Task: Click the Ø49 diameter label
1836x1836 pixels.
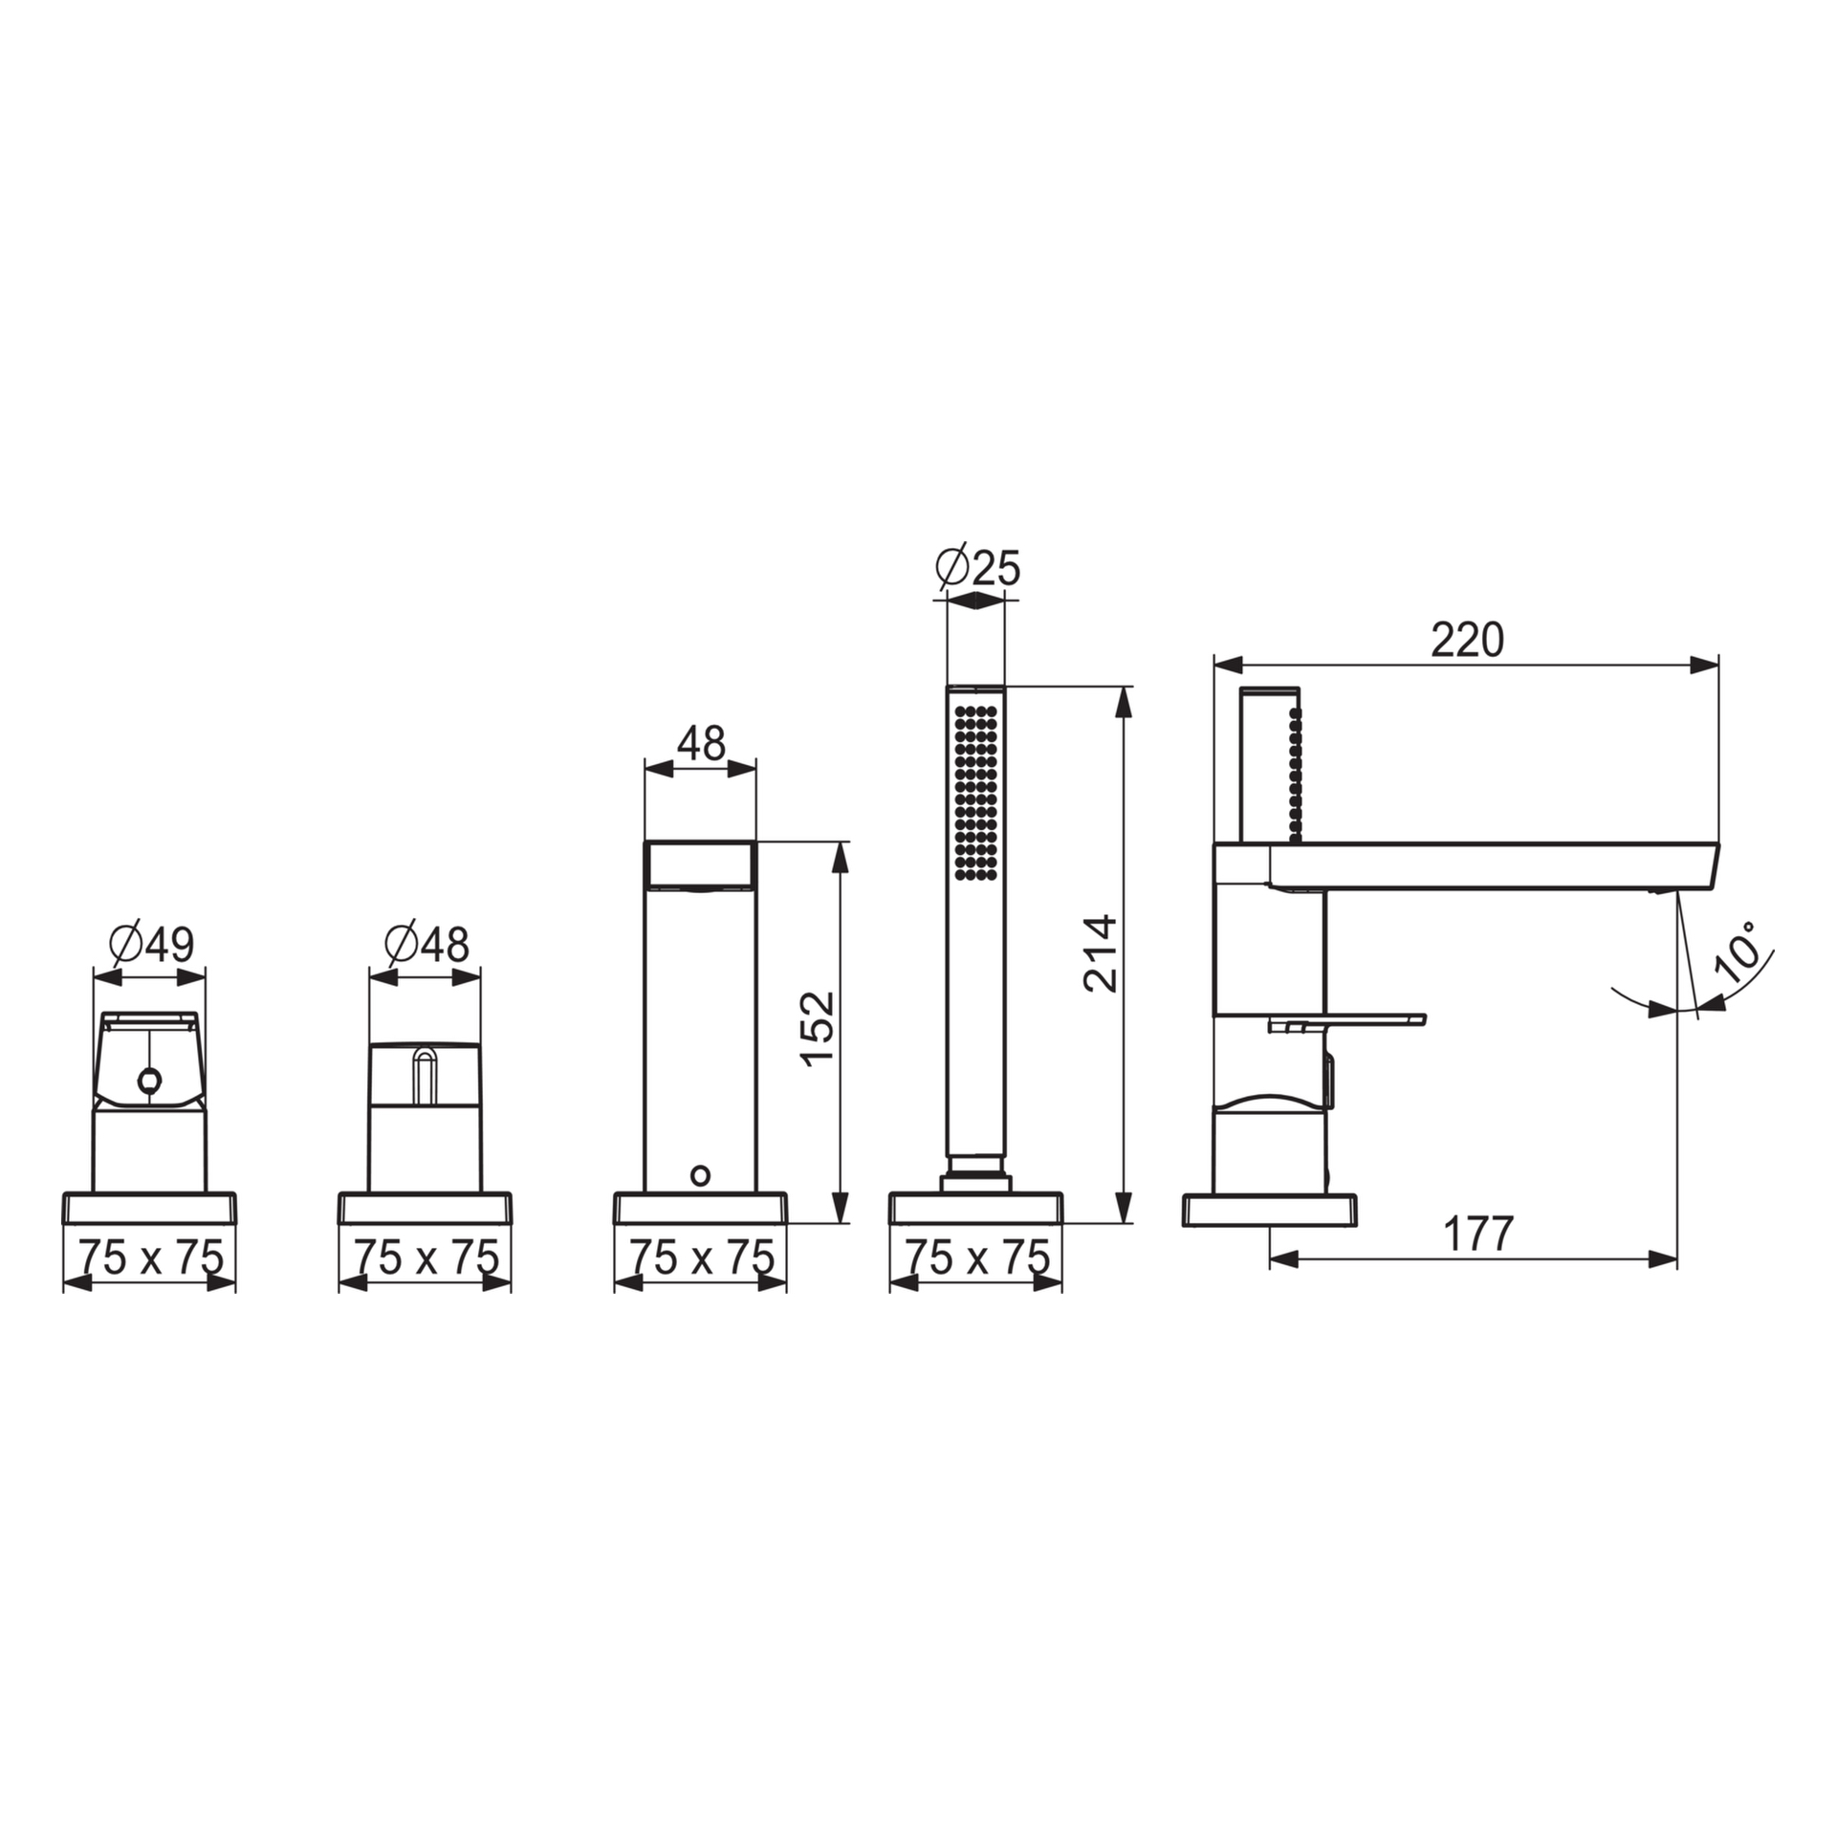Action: click(151, 945)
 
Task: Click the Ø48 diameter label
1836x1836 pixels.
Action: click(426, 945)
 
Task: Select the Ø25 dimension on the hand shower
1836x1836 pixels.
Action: click(977, 568)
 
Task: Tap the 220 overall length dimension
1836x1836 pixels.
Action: click(1467, 640)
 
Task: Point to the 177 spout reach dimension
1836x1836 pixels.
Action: click(1478, 1234)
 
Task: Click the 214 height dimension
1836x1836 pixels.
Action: click(1101, 953)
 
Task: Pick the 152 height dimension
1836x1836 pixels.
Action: click(818, 1029)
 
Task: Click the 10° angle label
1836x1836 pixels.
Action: click(1738, 952)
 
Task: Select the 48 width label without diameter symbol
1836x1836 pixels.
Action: click(701, 743)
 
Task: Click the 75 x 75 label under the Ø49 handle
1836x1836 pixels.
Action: click(150, 1257)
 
